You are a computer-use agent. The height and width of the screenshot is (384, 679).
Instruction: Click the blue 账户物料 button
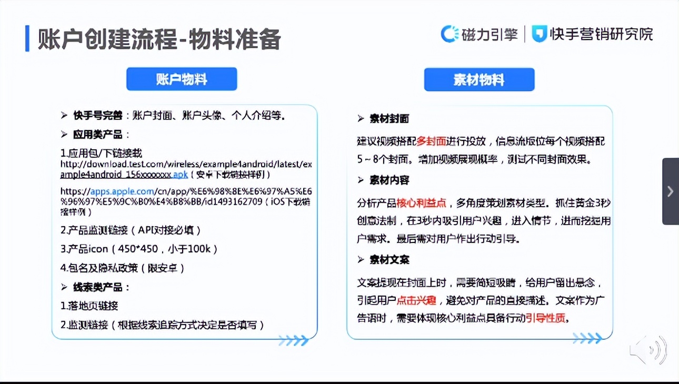182,79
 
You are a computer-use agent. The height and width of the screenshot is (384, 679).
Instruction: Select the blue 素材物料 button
479,80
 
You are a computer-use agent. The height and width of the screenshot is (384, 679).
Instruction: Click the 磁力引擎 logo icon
450,34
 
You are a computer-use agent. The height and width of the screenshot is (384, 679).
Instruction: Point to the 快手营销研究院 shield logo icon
539,34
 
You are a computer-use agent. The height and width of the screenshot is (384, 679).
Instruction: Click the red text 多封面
431,142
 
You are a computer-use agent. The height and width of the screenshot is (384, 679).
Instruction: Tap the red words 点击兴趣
416,300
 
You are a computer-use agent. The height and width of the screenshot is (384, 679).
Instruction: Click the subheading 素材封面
390,119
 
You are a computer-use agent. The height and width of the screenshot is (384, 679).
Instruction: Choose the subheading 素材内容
390,180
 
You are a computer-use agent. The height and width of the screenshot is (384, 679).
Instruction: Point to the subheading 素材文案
390,260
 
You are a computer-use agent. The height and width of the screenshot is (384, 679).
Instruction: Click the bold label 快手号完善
97,116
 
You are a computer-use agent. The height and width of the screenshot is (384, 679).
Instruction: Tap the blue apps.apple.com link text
122,191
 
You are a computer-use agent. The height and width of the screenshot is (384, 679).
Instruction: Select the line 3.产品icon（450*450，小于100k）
139,249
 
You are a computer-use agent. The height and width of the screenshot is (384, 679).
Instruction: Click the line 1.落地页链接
89,306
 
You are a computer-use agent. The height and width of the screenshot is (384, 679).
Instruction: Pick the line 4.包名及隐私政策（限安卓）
123,268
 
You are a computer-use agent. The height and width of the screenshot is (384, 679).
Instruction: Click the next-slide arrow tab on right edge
670,191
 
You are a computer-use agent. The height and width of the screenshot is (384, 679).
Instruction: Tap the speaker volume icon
649,350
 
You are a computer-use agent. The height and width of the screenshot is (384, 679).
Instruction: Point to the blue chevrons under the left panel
294,341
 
